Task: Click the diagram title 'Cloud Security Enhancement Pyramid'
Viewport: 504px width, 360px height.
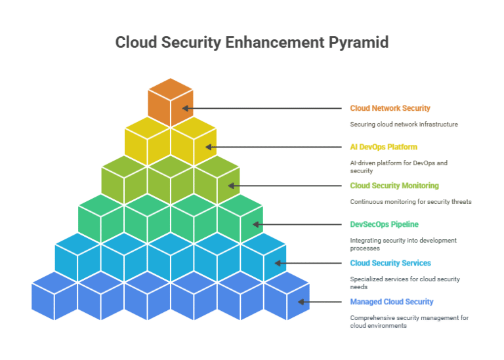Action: [x=251, y=43]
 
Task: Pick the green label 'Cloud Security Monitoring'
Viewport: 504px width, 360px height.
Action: [x=394, y=186]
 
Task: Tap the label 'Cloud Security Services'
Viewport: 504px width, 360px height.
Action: [x=390, y=263]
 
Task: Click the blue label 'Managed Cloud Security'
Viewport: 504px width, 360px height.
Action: [x=391, y=302]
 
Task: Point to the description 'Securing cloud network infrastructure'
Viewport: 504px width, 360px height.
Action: [x=404, y=124]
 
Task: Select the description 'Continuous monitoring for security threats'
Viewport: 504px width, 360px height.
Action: [x=410, y=201]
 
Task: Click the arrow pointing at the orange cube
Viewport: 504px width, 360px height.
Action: [x=262, y=108]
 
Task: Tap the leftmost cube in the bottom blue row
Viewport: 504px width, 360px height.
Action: [x=54, y=295]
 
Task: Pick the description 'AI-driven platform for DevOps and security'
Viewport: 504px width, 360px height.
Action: [x=398, y=167]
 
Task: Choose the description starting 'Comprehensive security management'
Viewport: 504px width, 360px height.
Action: [x=409, y=321]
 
